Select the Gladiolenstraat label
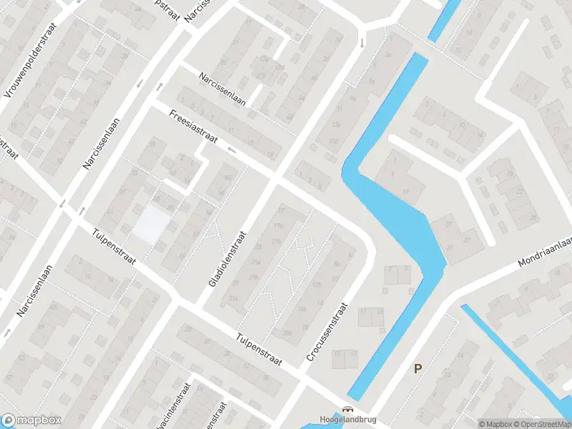(227, 259)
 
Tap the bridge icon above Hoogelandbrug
(347, 410)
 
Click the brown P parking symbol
(418, 369)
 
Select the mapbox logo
(31, 420)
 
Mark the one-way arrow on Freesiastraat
(232, 149)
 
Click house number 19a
(279, 226)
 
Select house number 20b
(287, 332)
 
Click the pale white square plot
(152, 222)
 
